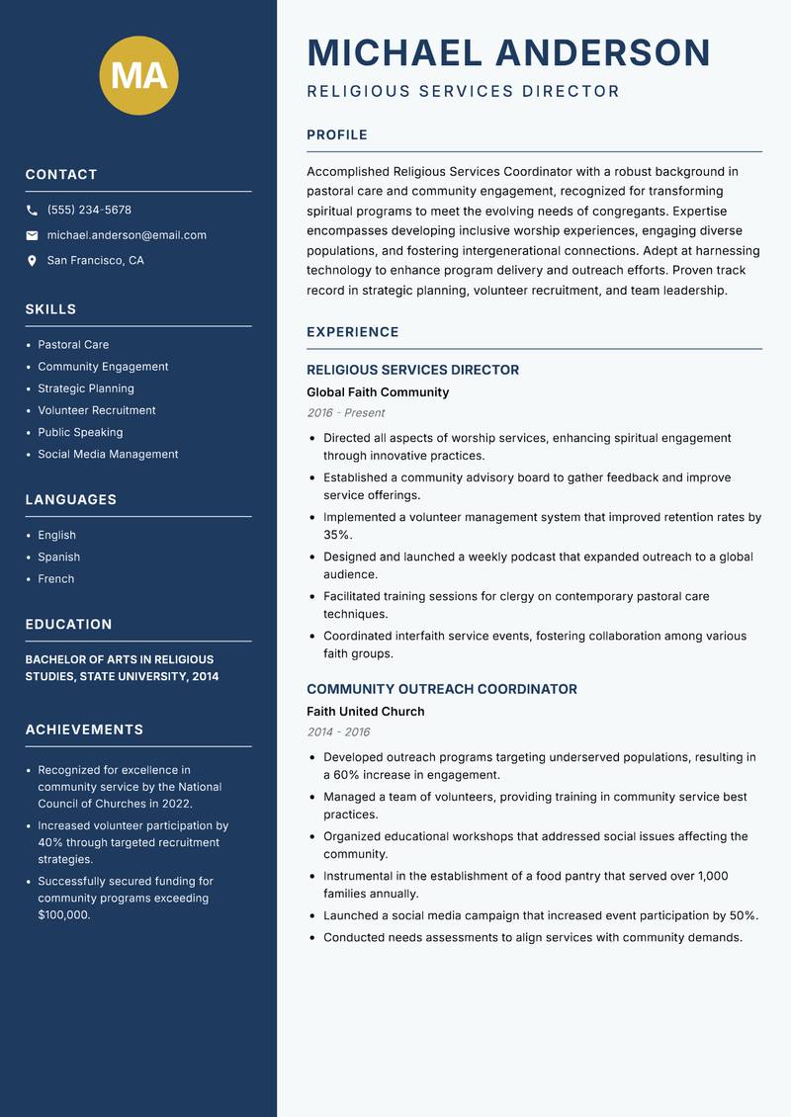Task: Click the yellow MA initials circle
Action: [x=138, y=75]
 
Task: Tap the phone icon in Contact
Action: [x=32, y=211]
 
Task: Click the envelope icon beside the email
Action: [x=32, y=235]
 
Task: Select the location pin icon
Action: [x=32, y=261]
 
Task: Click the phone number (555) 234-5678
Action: [x=89, y=211]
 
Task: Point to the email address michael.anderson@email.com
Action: [x=127, y=235]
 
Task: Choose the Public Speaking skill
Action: [x=80, y=432]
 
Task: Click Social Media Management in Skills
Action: [x=108, y=455]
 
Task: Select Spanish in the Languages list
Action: [x=58, y=558]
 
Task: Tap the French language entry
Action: [x=55, y=579]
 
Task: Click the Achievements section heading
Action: [x=84, y=730]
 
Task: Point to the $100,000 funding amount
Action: [x=63, y=915]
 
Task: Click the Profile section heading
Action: [x=336, y=135]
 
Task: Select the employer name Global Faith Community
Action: [x=378, y=392]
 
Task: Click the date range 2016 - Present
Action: [x=345, y=413]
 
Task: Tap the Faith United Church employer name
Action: [x=365, y=712]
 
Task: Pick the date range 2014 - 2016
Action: [x=338, y=732]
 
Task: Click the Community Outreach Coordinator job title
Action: [x=441, y=689]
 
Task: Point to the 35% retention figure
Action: [x=337, y=535]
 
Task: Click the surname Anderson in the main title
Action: [x=602, y=52]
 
